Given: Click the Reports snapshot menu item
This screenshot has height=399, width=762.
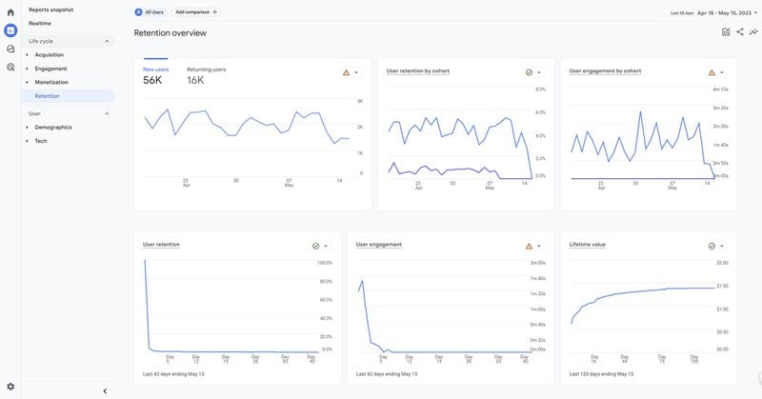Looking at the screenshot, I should pyautogui.click(x=50, y=10).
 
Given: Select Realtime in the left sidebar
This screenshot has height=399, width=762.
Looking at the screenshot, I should pyautogui.click(x=40, y=23).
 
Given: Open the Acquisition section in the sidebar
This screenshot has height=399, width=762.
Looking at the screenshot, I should pyautogui.click(x=50, y=54).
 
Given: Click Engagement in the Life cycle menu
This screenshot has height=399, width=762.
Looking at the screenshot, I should pyautogui.click(x=50, y=69).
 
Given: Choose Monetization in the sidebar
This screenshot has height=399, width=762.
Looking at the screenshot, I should pyautogui.click(x=51, y=82).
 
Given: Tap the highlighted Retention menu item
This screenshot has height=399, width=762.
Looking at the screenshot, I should pyautogui.click(x=47, y=96).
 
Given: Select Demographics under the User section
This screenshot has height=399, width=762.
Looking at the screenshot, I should pyautogui.click(x=53, y=127).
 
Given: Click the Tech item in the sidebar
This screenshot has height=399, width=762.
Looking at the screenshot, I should pyautogui.click(x=41, y=141).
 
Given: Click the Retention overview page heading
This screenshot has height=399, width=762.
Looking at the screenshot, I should pyautogui.click(x=170, y=32).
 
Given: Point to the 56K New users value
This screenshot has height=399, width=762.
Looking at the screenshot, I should pyautogui.click(x=152, y=81).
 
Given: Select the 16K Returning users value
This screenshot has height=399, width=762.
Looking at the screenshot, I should pyautogui.click(x=195, y=81).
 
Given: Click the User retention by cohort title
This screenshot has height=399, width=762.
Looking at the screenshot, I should pyautogui.click(x=418, y=70).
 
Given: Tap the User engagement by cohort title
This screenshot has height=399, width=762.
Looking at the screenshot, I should pyautogui.click(x=605, y=70).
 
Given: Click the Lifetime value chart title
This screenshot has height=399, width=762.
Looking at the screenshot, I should pyautogui.click(x=587, y=244).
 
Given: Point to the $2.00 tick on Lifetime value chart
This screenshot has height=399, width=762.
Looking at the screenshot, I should pyautogui.click(x=722, y=262).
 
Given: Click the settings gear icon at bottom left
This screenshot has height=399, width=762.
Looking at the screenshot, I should pyautogui.click(x=10, y=387).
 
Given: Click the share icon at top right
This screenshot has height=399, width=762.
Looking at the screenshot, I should pyautogui.click(x=740, y=32).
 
